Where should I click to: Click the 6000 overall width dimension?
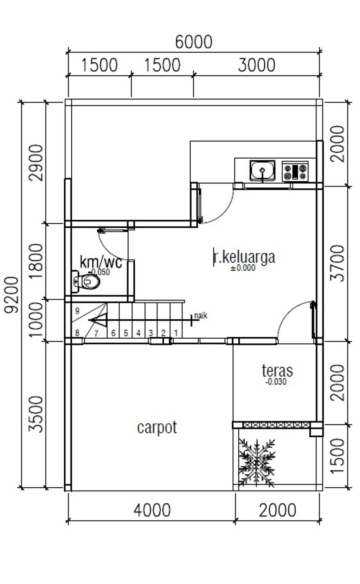coord(194,42)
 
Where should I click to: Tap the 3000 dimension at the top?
coord(256,65)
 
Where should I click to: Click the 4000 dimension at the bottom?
coord(152,510)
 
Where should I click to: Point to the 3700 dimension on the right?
coord(338,263)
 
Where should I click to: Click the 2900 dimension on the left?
coord(36,163)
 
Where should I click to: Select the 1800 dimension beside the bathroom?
coord(36,261)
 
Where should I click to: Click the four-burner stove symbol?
coord(295,172)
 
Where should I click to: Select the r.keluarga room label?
coord(244,257)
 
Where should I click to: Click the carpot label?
coord(157,427)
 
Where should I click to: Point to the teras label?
coord(277,371)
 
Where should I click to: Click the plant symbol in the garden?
coord(257,463)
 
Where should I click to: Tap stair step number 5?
coord(126,333)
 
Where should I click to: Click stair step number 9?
coord(77,311)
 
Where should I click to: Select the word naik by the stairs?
coord(201,316)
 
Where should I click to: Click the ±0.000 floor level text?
coord(243,268)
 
